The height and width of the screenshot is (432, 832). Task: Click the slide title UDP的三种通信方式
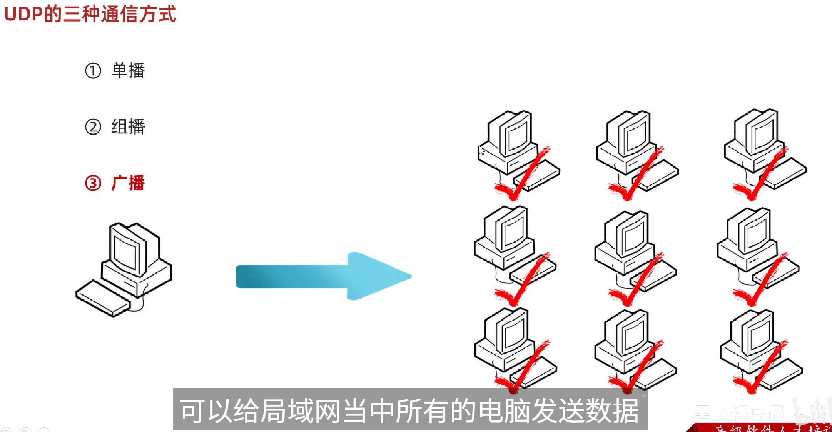[90, 14]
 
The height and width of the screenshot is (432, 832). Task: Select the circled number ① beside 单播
[93, 71]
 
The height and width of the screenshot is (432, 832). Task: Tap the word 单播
[128, 71]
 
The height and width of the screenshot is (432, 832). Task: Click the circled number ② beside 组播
[93, 127]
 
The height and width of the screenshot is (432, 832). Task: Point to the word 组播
[128, 127]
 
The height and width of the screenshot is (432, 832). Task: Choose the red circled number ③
[93, 183]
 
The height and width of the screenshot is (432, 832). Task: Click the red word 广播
[128, 183]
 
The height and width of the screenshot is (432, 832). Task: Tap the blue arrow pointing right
[323, 276]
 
